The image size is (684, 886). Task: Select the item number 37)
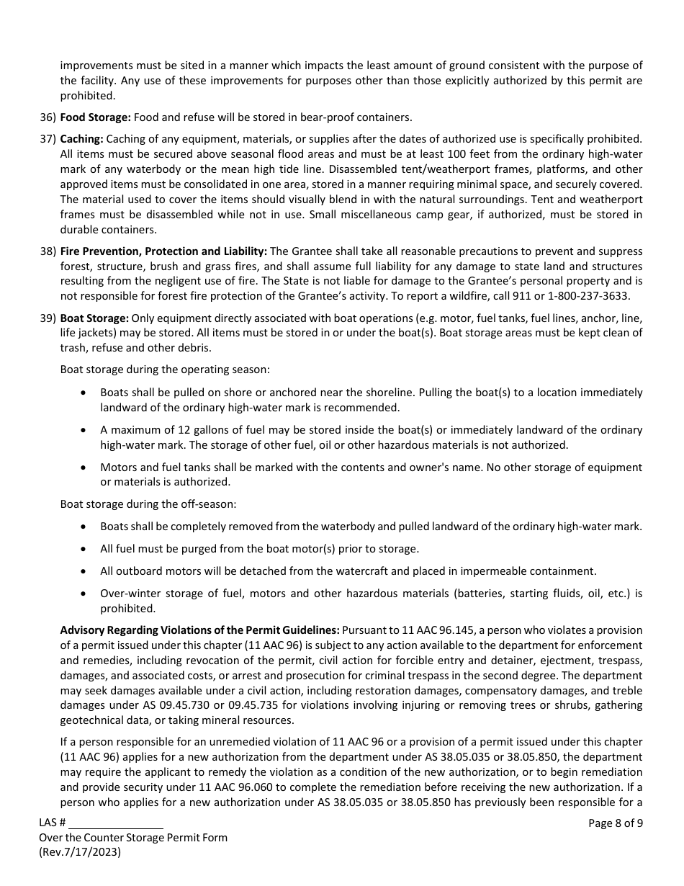48,138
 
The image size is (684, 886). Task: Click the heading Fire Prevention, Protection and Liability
163,251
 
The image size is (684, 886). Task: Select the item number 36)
48,117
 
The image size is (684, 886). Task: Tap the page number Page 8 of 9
616,823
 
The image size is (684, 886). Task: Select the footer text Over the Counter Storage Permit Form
133,837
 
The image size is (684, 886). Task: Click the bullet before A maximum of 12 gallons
85,430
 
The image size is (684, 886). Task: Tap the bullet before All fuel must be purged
85,549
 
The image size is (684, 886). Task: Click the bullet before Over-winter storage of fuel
85,594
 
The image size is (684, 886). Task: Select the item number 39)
48,318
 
